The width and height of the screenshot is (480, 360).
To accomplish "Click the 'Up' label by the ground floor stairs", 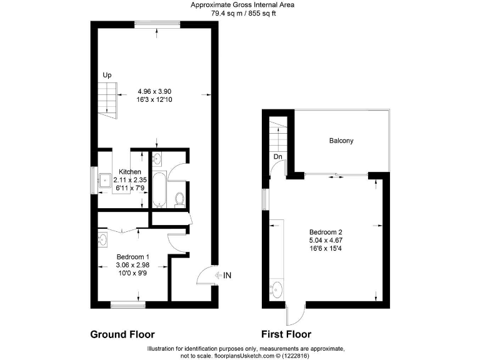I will pyautogui.click(x=107, y=75).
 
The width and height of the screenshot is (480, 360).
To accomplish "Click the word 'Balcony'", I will pyautogui.click(x=341, y=141).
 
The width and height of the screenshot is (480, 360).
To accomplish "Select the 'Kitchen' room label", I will pyautogui.click(x=130, y=172).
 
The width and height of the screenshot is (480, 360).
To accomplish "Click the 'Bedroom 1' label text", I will pyautogui.click(x=133, y=256).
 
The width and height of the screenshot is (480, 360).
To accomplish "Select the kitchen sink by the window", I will pyautogui.click(x=106, y=181).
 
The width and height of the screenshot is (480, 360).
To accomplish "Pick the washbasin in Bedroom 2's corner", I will pyautogui.click(x=277, y=289).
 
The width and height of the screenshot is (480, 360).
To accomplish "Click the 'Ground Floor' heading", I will pyautogui.click(x=122, y=334).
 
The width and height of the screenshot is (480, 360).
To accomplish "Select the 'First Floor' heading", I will pyautogui.click(x=286, y=334).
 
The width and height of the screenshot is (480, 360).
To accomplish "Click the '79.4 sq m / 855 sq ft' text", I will pyautogui.click(x=242, y=12).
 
